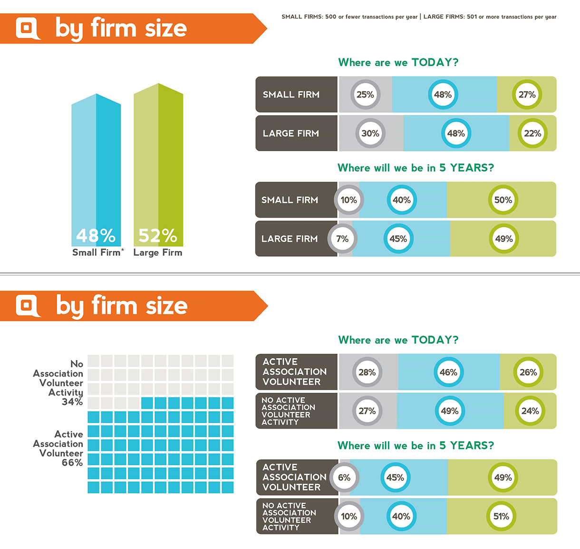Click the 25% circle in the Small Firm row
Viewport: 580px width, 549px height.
tap(365, 95)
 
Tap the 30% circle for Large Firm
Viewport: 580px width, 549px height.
tap(370, 134)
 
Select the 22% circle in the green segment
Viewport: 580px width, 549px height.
tap(532, 134)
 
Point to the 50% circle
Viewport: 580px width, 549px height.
tap(503, 200)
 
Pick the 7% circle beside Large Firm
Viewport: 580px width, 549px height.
tap(342, 239)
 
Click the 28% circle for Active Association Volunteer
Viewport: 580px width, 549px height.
tap(367, 372)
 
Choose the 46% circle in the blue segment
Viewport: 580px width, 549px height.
tap(448, 372)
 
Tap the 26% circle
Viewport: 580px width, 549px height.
tap(528, 372)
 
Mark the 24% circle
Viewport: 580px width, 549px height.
tap(530, 411)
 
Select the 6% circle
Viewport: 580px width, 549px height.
tap(344, 478)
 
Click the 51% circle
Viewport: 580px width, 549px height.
tap(501, 516)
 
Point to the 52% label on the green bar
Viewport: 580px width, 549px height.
tap(158, 236)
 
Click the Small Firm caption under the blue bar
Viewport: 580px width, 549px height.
tap(97, 252)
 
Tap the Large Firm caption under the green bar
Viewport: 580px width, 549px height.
tap(158, 252)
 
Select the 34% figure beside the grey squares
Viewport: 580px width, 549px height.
tap(72, 402)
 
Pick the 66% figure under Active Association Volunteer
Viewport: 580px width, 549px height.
tap(72, 462)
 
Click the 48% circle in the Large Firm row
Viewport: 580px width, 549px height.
tap(456, 134)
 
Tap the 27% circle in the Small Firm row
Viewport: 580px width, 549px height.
tap(527, 95)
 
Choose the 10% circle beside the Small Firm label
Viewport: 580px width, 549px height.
tap(348, 200)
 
